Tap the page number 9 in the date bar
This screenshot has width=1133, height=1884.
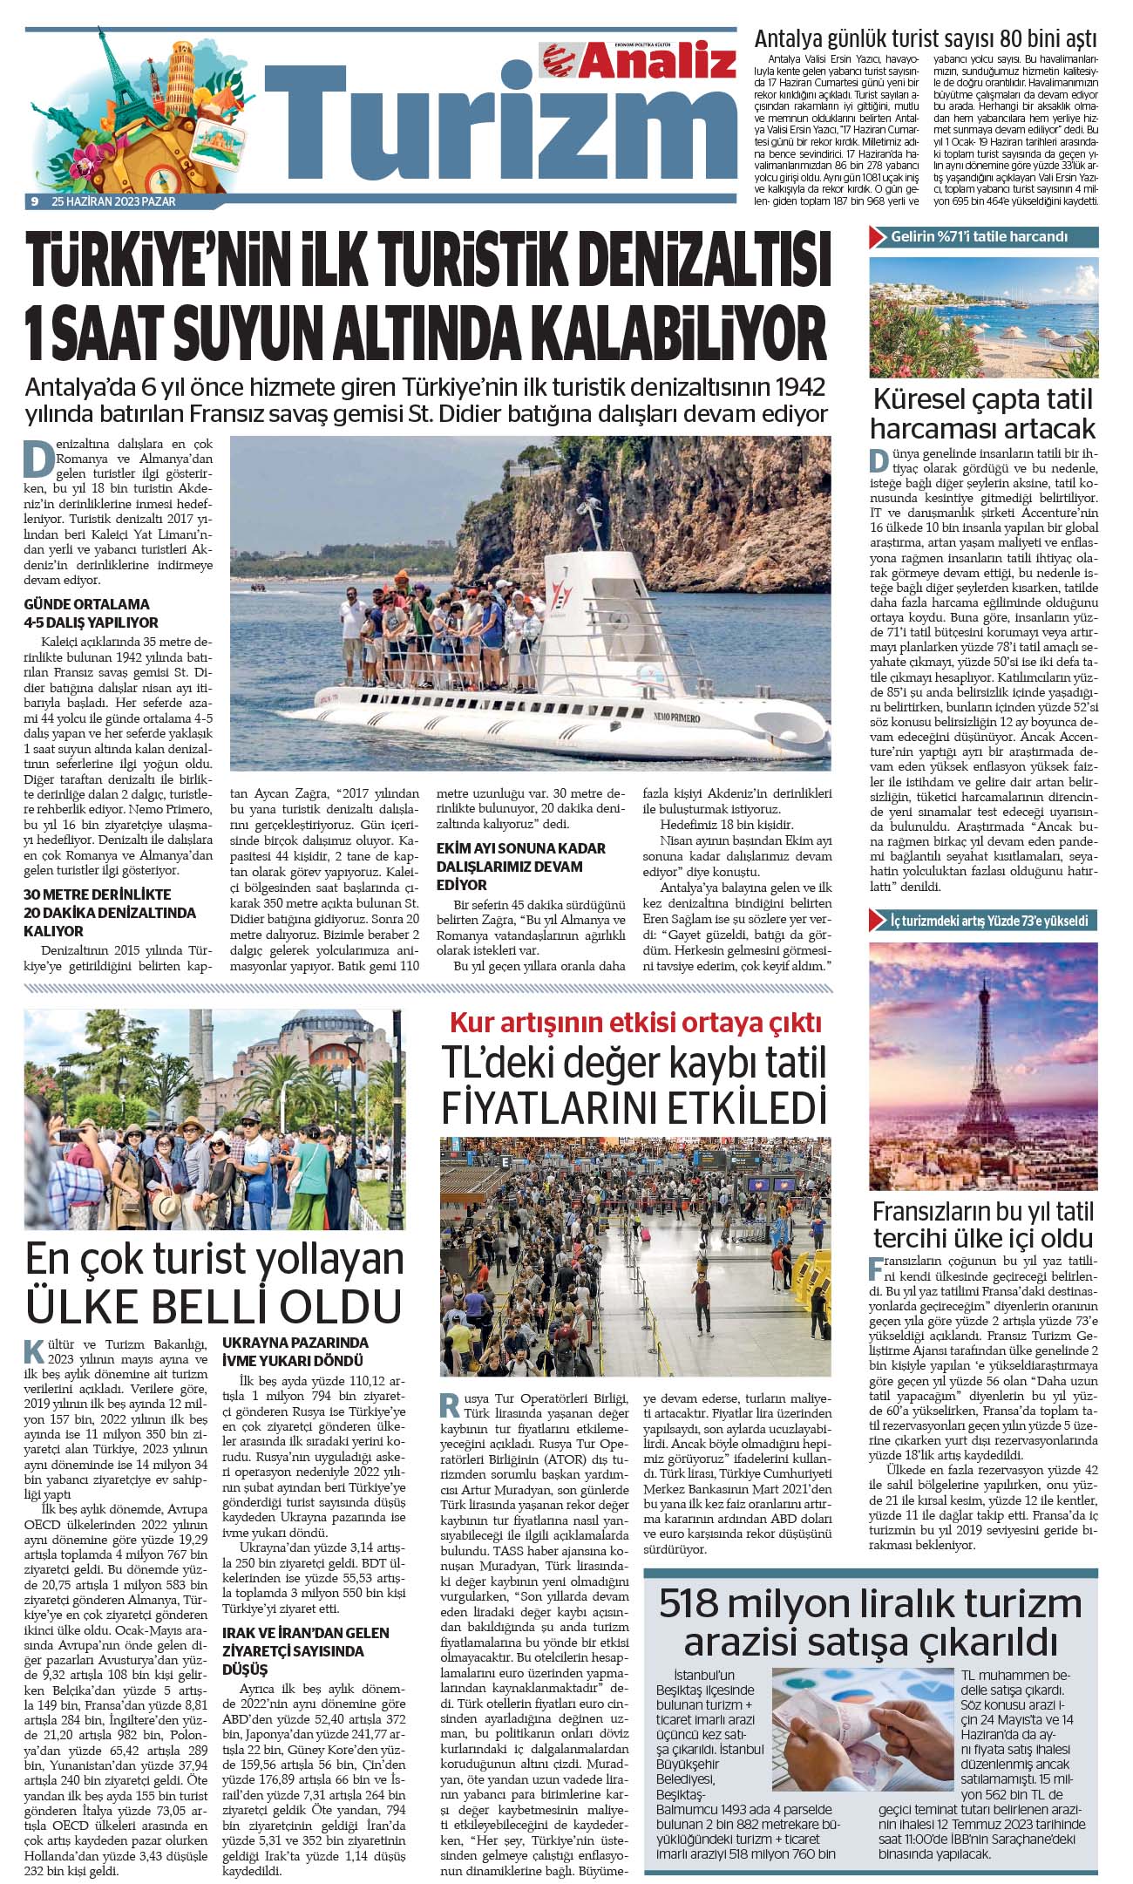click(x=33, y=201)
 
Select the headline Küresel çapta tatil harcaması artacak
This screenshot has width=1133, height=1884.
click(x=982, y=414)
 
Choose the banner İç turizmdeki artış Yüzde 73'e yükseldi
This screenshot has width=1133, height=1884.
click(x=983, y=921)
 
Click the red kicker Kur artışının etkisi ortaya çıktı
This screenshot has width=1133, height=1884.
click(x=635, y=1022)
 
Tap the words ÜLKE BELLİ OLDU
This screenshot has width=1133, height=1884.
click(x=214, y=1306)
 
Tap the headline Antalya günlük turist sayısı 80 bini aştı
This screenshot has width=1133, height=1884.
click(x=926, y=39)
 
